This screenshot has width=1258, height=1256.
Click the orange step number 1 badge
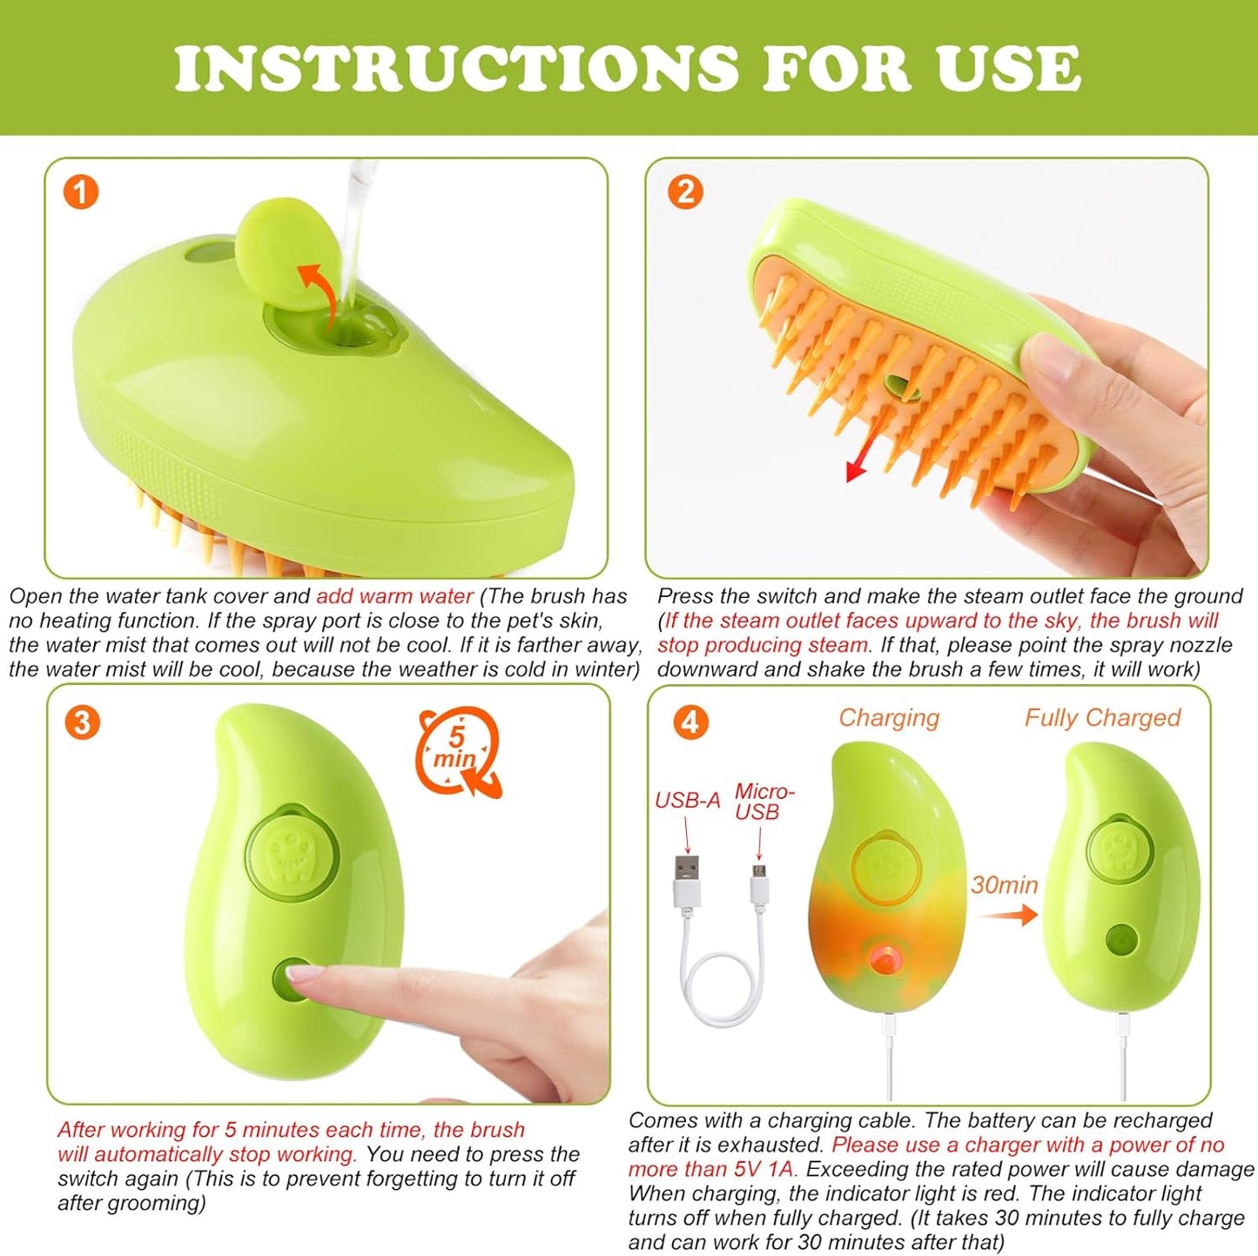[81, 191]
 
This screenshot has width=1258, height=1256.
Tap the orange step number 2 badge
[684, 191]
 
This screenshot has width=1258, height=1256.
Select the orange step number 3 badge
[82, 722]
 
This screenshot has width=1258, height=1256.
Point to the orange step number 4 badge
[690, 722]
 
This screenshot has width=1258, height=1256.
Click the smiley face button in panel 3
[290, 849]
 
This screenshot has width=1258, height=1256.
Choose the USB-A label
[687, 801]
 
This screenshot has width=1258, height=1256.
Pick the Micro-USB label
[764, 802]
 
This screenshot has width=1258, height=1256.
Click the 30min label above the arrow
[1004, 885]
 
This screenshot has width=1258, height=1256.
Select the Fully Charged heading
[1101, 718]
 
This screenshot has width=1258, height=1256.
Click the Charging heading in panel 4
[889, 718]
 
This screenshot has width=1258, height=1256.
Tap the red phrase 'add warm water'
[394, 597]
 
